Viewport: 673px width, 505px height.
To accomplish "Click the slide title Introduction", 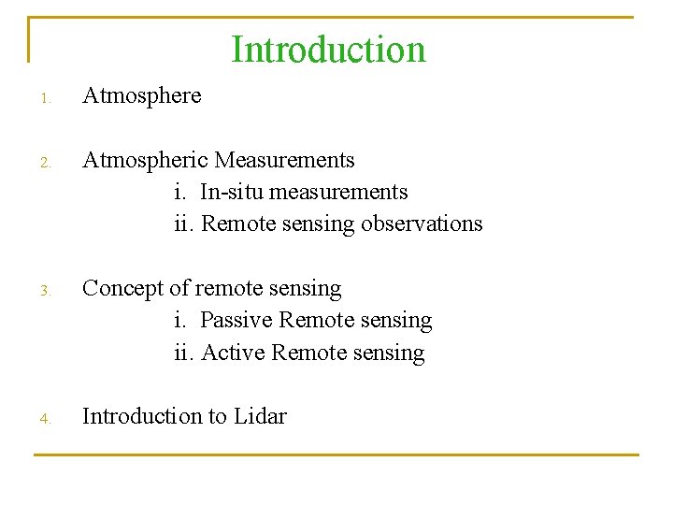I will tap(328, 50).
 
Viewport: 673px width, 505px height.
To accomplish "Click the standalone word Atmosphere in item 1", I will tap(141, 95).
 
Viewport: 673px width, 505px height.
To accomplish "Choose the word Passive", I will tap(236, 320).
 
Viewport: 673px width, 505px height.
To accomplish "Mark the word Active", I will tap(233, 353).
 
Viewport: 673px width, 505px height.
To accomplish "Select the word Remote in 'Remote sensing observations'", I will tap(236, 224).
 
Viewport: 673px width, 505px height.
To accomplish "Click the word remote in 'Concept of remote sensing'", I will tap(227, 288).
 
